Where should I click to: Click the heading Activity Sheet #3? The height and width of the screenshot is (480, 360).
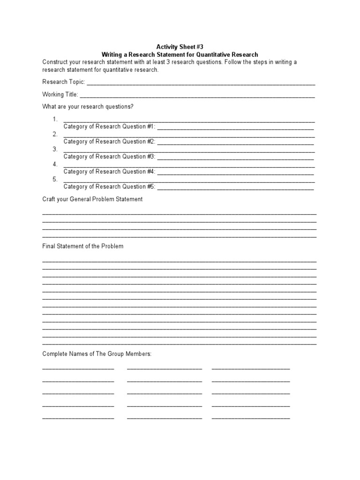coord(180,47)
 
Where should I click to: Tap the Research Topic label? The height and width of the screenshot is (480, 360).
coord(63,82)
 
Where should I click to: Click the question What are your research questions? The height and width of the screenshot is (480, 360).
coord(88,107)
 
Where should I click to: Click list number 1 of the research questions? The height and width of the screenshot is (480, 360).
coord(55,119)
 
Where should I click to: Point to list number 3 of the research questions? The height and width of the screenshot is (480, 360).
coord(55,149)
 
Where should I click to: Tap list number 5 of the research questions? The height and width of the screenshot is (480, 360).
coord(55,179)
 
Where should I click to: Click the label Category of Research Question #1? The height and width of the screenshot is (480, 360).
coord(109,127)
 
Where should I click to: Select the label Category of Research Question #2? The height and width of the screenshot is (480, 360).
coord(109,142)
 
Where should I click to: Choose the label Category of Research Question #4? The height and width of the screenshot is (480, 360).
coord(109,172)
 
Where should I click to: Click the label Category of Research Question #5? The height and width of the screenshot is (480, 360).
coord(109,187)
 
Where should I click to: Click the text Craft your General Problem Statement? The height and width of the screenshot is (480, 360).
coord(92,199)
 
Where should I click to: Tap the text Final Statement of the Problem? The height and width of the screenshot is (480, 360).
coord(83,246)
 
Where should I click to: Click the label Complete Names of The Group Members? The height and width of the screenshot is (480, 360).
coord(97,354)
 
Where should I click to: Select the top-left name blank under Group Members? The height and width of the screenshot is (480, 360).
coord(78,369)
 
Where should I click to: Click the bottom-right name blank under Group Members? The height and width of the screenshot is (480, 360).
coord(251,418)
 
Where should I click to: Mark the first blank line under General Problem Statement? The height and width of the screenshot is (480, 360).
coord(180,214)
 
